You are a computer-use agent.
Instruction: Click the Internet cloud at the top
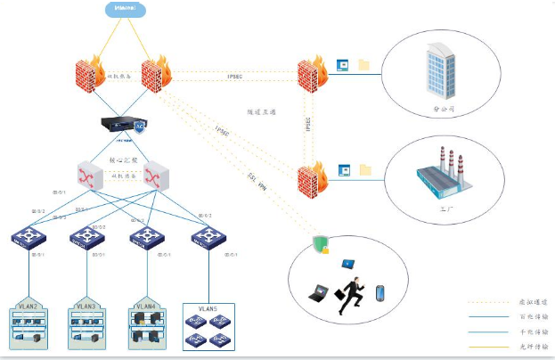point(125,9)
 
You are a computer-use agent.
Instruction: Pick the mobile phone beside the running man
point(380,293)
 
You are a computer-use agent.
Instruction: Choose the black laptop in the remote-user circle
point(318,291)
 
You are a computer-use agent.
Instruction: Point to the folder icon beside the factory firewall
point(363,169)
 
